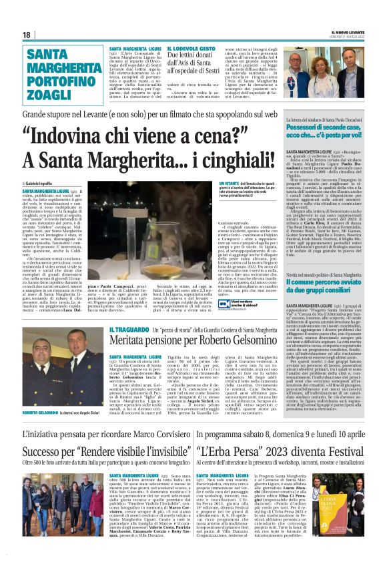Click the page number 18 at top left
[x=25, y=35]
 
